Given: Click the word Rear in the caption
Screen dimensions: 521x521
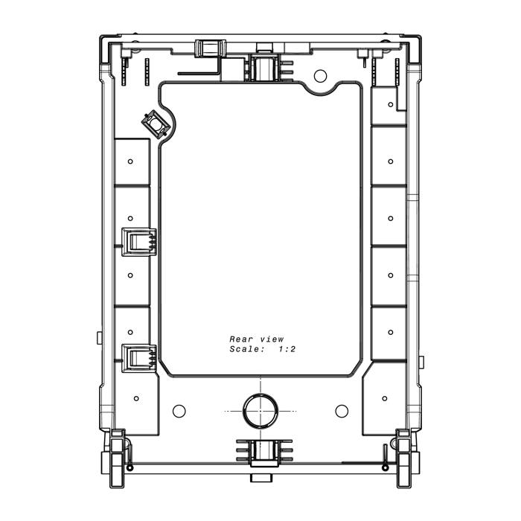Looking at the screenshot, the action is [x=241, y=339].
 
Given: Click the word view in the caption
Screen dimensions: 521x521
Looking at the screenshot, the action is [x=272, y=339].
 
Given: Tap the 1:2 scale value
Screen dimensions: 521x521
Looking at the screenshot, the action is [x=287, y=349].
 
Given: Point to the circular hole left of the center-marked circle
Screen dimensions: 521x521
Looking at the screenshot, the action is [x=179, y=411].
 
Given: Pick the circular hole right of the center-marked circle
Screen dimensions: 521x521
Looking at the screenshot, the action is [x=342, y=411].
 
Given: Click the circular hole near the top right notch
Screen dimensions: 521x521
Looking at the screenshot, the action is [x=320, y=76].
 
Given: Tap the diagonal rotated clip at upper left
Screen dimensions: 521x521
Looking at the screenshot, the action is [x=156, y=124].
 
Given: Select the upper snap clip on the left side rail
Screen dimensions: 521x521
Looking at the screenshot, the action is [x=139, y=242].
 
